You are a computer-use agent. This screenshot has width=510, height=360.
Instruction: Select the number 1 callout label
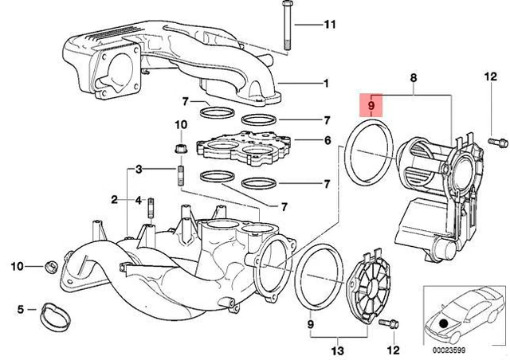click(325, 83)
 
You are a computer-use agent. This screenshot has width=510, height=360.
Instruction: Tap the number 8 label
click(414, 77)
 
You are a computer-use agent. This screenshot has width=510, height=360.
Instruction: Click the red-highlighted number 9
click(371, 104)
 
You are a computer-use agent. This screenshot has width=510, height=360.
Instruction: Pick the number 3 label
click(138, 169)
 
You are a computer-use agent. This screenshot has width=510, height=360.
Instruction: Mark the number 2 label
click(114, 198)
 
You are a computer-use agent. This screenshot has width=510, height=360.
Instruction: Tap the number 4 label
click(138, 198)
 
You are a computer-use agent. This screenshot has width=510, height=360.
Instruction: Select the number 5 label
click(22, 307)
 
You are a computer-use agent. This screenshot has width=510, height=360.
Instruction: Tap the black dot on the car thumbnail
click(443, 324)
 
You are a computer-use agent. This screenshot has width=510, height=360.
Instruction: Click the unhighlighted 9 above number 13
click(311, 326)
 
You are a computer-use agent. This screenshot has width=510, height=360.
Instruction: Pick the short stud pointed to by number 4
click(150, 211)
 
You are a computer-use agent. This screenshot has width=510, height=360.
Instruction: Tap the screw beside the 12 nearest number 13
click(388, 323)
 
